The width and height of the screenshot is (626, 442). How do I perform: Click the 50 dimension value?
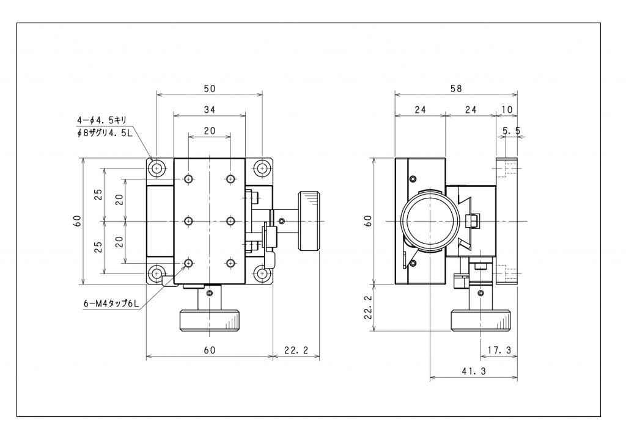tap(210, 89)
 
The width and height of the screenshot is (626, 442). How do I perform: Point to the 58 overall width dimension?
tap(456, 89)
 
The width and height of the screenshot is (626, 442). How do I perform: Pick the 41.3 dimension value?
tap(474, 371)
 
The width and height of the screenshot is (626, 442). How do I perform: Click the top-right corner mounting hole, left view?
tap(262, 167)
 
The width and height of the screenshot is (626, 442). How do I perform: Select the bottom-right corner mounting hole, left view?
tap(262, 273)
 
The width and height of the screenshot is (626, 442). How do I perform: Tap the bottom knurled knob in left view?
tap(210, 320)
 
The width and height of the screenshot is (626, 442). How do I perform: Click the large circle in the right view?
tap(430, 220)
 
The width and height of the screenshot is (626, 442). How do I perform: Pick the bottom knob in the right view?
tap(481, 320)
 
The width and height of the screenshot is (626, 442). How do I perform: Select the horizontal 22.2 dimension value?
tap(296, 350)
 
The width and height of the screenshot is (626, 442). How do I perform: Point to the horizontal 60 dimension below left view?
tap(210, 350)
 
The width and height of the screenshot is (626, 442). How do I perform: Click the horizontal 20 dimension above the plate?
tap(210, 131)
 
